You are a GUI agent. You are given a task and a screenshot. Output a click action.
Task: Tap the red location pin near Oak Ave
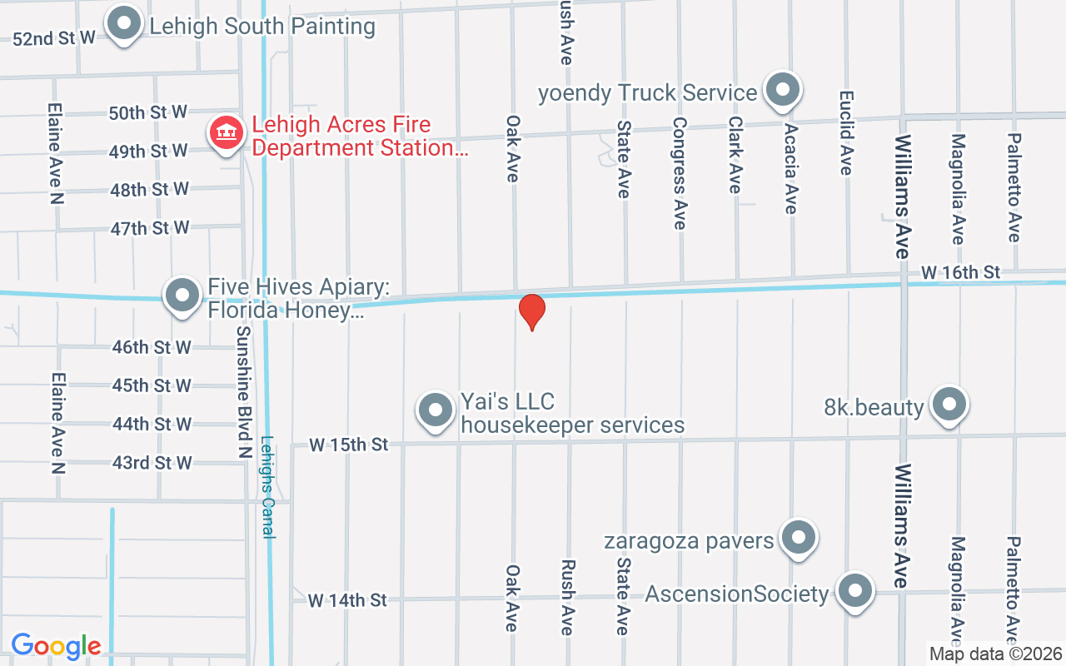[x=531, y=311]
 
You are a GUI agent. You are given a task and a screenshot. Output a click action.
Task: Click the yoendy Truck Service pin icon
[x=782, y=90]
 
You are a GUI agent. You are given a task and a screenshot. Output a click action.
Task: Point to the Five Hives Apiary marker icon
[x=182, y=295]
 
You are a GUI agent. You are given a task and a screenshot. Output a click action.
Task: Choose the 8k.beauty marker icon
[x=949, y=405]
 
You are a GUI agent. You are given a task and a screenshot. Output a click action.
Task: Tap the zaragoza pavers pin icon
[x=799, y=538]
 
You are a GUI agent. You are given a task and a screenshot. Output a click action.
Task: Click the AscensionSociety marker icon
[x=854, y=592]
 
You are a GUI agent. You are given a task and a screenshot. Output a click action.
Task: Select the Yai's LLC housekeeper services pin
[x=435, y=410]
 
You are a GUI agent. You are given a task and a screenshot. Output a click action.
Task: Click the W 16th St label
[x=960, y=272]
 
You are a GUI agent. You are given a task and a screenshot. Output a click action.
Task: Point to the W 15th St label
[x=348, y=445]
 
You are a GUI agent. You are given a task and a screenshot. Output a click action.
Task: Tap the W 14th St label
[x=347, y=599]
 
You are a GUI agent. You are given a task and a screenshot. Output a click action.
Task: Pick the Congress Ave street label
[x=680, y=173]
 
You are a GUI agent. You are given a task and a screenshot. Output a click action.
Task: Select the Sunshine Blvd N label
[x=243, y=391]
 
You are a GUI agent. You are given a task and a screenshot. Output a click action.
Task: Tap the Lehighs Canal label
[x=268, y=487]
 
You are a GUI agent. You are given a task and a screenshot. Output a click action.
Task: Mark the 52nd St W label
[x=54, y=38]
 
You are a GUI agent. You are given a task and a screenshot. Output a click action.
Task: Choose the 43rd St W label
[x=152, y=463]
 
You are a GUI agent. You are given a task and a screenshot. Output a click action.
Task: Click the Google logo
[x=56, y=646]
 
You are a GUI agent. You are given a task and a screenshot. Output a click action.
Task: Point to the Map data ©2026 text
[x=996, y=654]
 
